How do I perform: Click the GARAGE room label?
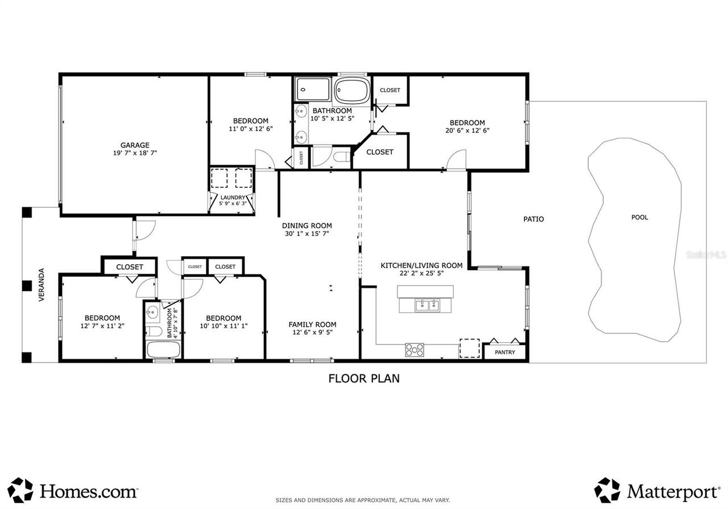[134, 145]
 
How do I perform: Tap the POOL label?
[639, 217]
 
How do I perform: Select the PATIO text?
[533, 219]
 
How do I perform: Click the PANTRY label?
[504, 352]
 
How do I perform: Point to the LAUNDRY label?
[233, 198]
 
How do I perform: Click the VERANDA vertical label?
[42, 285]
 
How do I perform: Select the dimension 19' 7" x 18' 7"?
[134, 153]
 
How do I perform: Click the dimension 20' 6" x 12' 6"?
[467, 130]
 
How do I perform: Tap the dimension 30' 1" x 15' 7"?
[307, 233]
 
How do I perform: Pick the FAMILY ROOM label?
[312, 325]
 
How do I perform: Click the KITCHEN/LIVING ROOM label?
[421, 265]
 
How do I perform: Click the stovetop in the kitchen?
[415, 350]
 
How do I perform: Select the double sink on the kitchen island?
[426, 306]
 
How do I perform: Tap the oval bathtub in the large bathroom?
[351, 90]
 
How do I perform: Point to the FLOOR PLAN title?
[363, 378]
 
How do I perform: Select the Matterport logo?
[657, 491]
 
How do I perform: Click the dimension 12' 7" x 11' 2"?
[102, 326]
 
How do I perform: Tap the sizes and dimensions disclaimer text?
[362, 500]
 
